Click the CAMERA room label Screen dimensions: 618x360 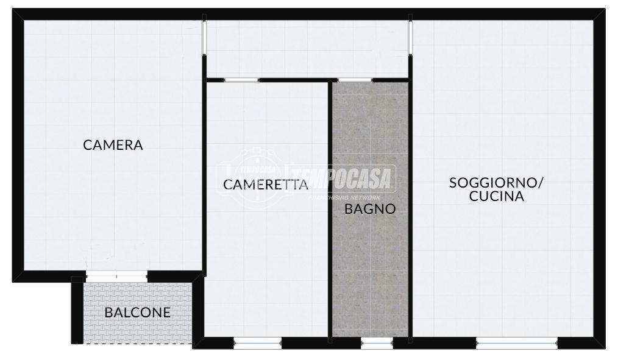coord(113,145)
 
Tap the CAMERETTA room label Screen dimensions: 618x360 coord(265,185)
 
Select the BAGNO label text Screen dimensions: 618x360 coord(370,209)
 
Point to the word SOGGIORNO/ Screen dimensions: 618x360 coord(496,183)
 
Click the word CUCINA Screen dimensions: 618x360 coord(497,196)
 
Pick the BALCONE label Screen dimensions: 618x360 coord(138,312)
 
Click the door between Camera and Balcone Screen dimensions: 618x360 coord(116,276)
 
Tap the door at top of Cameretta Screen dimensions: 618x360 coord(241,80)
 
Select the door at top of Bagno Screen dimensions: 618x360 coord(355,80)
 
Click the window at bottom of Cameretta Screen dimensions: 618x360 coord(258,343)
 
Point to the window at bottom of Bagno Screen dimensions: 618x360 coord(377,343)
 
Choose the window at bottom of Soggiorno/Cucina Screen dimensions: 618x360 coord(517,343)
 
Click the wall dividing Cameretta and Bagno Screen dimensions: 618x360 coord(330,209)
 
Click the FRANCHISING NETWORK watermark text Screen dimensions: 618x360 coord(344,198)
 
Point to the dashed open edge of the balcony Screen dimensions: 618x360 coord(138,344)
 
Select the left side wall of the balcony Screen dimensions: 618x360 coord(77,309)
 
